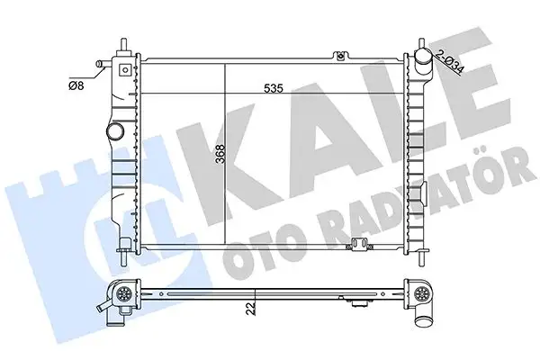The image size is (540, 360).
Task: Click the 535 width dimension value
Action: click(273, 88)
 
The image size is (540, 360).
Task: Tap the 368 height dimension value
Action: click(220, 154)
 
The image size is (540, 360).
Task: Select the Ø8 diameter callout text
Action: click(76, 85)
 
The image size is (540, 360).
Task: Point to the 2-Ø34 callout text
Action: click(450, 61)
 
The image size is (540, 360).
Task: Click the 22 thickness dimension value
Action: click(251, 308)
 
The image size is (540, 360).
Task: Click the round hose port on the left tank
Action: click(114, 131)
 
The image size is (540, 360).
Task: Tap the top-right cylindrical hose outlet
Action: click(423, 60)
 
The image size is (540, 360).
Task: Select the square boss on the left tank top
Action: click(125, 70)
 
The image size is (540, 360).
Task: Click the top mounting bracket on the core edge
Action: click(340, 56)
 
